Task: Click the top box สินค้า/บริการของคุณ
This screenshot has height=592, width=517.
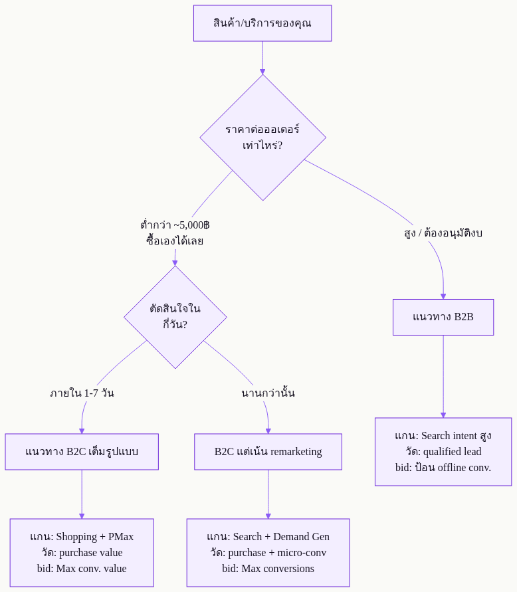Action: [x=262, y=23]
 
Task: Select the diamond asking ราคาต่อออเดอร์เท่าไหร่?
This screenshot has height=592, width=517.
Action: [x=263, y=138]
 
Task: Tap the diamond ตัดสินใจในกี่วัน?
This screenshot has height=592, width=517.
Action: [x=175, y=317]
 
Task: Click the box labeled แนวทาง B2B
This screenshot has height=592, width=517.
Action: [x=443, y=317]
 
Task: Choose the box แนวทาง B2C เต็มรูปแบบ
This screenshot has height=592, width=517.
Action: [x=82, y=452]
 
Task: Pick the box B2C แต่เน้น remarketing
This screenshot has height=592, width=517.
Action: [x=268, y=452]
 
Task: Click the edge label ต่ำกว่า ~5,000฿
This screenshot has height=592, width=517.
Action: [x=175, y=225]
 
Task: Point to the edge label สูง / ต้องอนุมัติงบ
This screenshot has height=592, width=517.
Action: [x=443, y=233]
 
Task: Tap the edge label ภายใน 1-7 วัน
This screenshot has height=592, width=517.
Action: [x=82, y=393]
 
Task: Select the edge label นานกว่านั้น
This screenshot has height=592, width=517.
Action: [x=268, y=393]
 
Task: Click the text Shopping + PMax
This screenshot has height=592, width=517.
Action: [x=95, y=537]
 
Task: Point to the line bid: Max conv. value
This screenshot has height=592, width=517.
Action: [x=82, y=569]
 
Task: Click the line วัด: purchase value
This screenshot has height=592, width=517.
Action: [x=82, y=553]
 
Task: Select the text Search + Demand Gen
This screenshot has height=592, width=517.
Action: [x=281, y=537]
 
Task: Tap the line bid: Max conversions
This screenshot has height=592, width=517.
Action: [x=268, y=569]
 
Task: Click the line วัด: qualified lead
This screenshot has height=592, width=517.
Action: [x=443, y=452]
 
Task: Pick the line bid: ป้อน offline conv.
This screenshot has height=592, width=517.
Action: [x=443, y=467]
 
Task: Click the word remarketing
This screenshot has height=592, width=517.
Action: [x=296, y=452]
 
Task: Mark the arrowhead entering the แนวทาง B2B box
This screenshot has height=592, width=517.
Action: [x=443, y=296]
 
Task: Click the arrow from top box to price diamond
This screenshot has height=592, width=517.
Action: [x=262, y=58]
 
